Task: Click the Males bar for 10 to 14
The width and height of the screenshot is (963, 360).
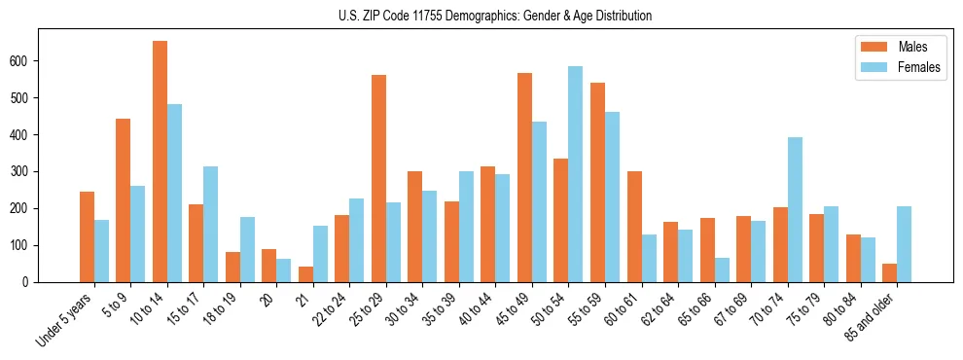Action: (160, 162)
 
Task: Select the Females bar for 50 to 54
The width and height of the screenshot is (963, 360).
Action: (576, 174)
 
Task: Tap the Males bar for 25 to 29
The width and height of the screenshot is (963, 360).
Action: (378, 178)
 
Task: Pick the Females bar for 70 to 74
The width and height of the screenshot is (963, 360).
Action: (795, 209)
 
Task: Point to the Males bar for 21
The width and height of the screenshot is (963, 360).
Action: (305, 274)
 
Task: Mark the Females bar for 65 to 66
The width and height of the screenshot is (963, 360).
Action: (722, 270)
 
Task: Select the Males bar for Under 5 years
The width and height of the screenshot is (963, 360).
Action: (87, 236)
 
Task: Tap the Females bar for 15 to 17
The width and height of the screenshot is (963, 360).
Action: (211, 224)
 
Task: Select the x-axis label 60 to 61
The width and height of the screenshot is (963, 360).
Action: (617, 309)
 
